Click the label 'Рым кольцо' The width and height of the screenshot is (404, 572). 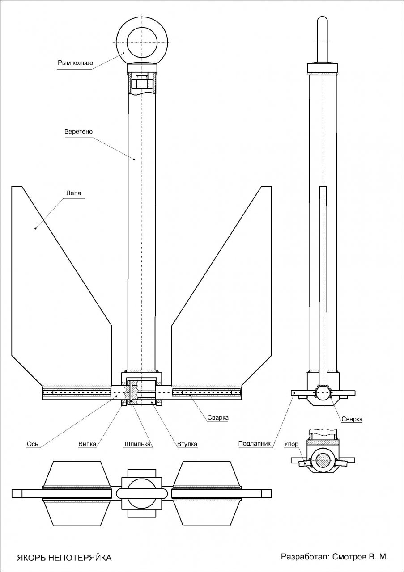75,63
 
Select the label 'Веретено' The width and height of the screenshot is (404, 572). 78,132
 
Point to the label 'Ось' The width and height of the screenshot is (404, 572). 33,444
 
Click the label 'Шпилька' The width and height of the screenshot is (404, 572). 137,444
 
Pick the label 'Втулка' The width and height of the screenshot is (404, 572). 187,444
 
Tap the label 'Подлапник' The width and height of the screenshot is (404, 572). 255,444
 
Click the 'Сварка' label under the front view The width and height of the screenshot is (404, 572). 218,418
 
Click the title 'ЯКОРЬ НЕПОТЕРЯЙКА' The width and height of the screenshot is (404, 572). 64,558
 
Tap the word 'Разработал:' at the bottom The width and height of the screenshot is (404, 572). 305,557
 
